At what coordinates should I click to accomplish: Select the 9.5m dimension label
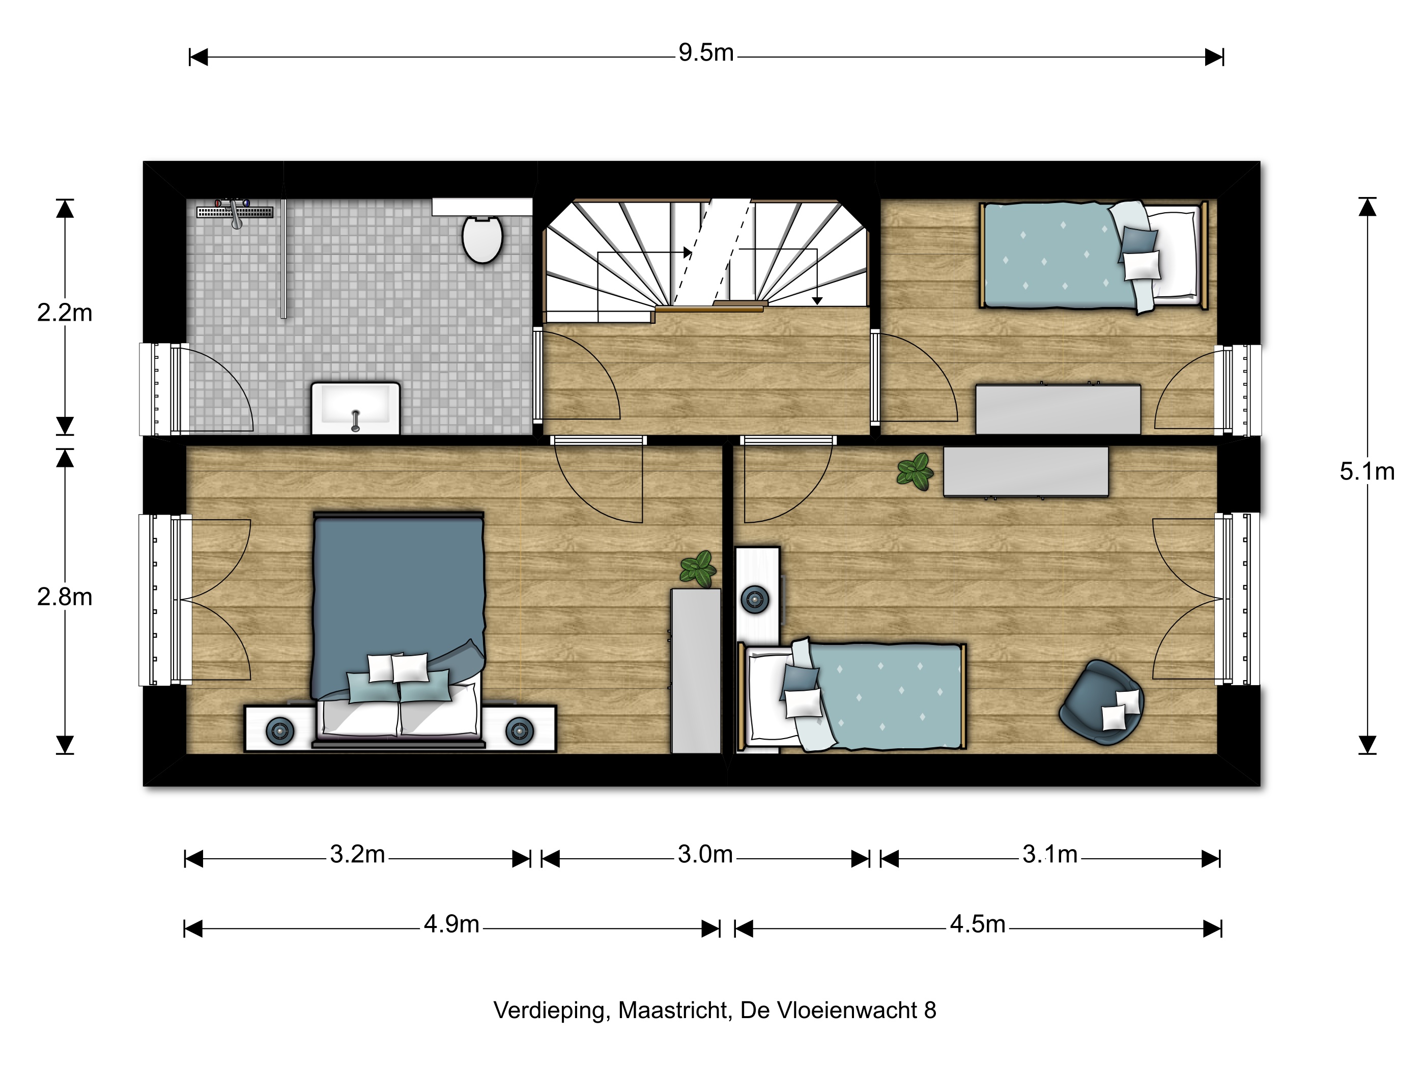706,53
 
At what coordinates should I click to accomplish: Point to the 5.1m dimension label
1367,472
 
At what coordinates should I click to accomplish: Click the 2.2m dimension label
65,313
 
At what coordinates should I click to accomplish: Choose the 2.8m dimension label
65,597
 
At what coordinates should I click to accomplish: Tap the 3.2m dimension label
358,854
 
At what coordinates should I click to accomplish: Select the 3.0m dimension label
705,854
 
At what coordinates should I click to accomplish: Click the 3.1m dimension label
1050,854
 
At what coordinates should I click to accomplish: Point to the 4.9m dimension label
451,924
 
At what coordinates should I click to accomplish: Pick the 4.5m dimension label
978,924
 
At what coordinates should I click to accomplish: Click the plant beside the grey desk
915,472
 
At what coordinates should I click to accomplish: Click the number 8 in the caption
930,1010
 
